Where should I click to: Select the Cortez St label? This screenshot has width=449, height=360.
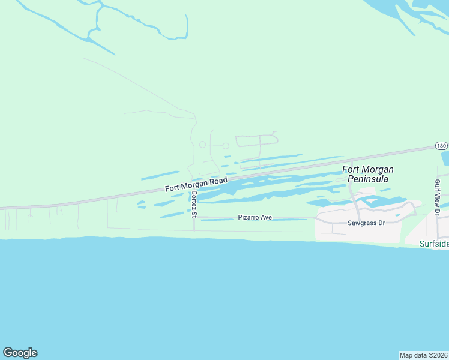click(x=194, y=203)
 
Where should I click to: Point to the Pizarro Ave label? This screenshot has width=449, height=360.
click(x=255, y=217)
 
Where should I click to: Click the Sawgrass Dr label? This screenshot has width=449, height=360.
click(x=366, y=223)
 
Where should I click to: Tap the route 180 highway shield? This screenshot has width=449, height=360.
click(x=441, y=146)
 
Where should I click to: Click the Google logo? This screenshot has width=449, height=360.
click(x=20, y=353)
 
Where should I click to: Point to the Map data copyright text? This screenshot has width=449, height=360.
click(x=423, y=355)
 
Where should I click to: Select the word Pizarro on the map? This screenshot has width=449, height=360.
click(x=249, y=217)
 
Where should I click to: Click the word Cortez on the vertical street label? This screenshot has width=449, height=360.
click(x=194, y=200)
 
